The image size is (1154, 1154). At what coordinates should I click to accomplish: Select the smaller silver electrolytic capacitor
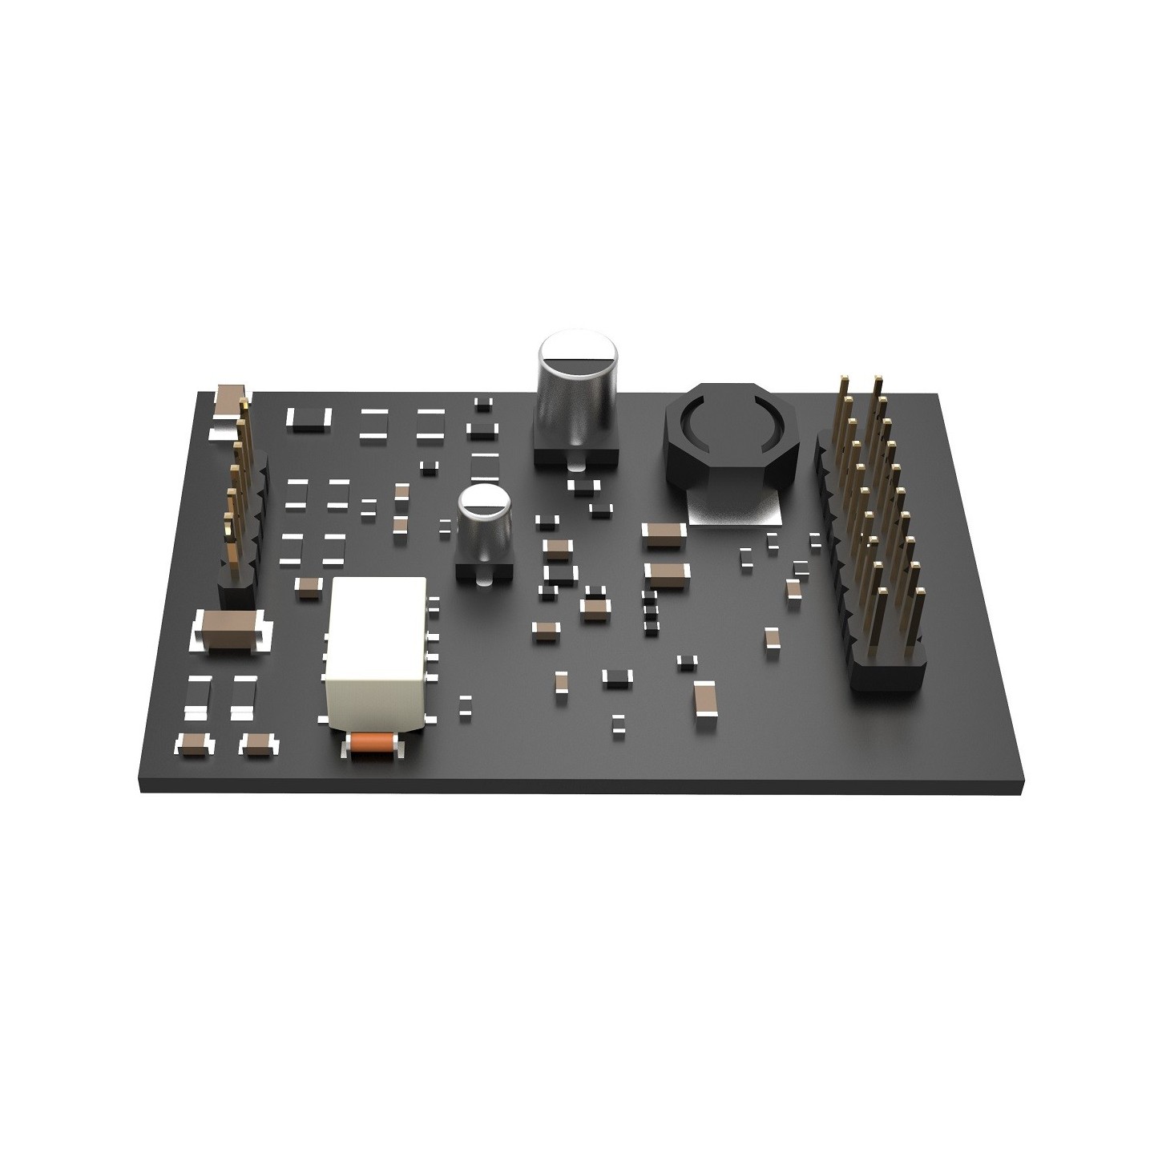[484, 521]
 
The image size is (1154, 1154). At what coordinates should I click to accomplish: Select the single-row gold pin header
[237, 489]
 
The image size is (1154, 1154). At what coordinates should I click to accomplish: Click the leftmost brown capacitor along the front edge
[195, 744]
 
